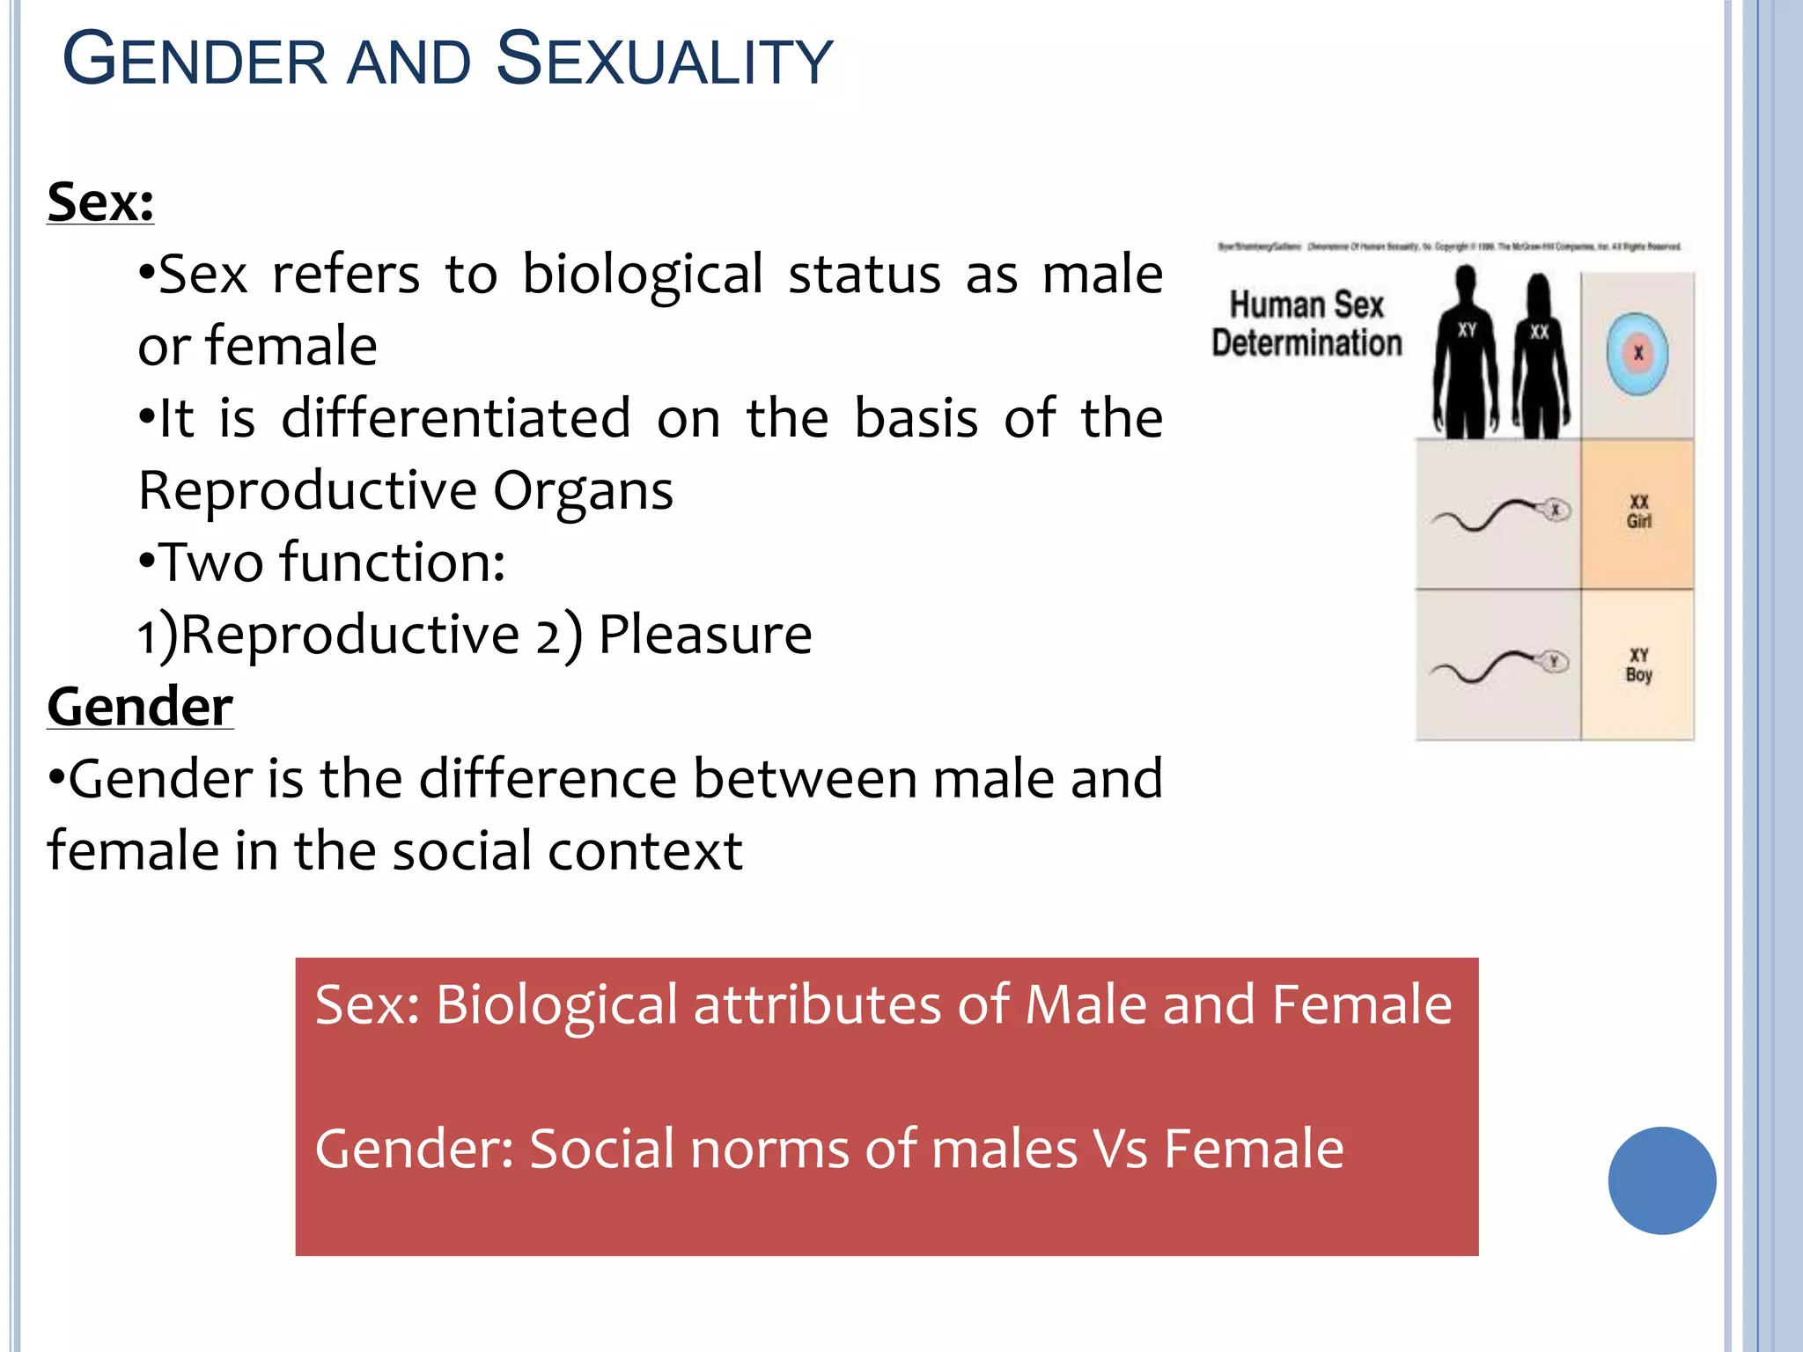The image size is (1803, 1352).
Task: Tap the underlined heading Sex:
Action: (x=100, y=202)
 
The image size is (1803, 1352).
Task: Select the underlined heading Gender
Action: (x=140, y=707)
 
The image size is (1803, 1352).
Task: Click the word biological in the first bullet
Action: (x=642, y=275)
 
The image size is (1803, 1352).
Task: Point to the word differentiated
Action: (x=455, y=418)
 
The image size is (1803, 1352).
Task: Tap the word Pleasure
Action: (x=704, y=635)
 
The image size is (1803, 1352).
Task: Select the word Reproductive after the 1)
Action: (x=350, y=635)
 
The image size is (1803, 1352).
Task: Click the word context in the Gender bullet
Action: (x=644, y=851)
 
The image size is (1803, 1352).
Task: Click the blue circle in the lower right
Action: (x=1661, y=1180)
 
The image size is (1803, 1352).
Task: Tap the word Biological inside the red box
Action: (x=556, y=1004)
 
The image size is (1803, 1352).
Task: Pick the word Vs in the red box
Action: (x=1119, y=1149)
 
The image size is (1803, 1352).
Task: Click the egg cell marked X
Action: (x=1637, y=354)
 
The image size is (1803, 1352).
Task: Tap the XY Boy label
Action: (x=1638, y=665)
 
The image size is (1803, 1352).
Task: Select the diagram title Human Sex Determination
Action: (x=1306, y=324)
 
